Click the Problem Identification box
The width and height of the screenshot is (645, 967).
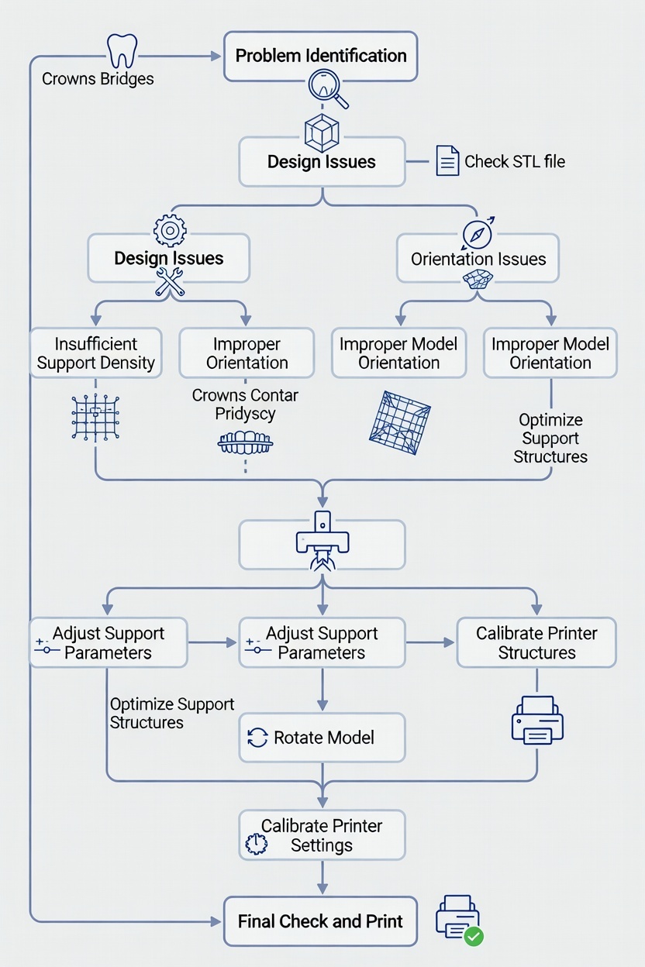coord(321,57)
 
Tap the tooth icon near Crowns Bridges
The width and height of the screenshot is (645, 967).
coord(122,51)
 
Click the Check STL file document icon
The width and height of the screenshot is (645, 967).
coord(447,161)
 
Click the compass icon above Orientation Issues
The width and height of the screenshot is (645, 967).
coord(477,232)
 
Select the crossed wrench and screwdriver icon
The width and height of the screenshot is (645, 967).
coord(170,282)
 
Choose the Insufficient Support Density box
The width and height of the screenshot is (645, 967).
coord(96,353)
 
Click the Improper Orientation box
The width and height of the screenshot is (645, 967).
coord(247,353)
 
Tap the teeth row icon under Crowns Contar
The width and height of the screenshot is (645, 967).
coord(245,443)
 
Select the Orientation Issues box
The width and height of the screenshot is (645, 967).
coord(478,260)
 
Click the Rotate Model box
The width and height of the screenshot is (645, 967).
coord(322,738)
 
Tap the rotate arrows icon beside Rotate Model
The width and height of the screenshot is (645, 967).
coord(257,738)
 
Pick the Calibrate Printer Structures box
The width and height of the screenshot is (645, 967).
coord(536,643)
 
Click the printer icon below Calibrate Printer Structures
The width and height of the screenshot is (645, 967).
coord(536,718)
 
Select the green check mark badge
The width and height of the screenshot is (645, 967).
coord(473,936)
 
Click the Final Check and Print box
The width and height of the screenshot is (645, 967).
coord(321,921)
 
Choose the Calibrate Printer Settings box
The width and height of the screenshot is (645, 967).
coord(322,835)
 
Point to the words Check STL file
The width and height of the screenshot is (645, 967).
coord(515,162)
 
